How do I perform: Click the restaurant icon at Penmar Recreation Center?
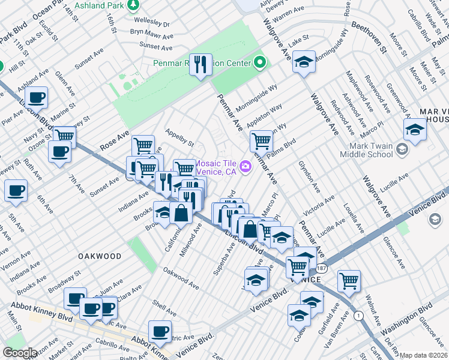[200, 64]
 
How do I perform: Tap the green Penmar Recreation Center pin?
[260, 62]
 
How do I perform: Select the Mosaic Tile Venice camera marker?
[245, 166]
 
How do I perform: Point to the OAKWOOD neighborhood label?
[100, 256]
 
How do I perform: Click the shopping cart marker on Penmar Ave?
[261, 142]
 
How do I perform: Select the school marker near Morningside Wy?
[304, 62]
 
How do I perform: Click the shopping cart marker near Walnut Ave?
[348, 280]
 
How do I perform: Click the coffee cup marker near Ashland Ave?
[35, 97]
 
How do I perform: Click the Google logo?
[20, 353]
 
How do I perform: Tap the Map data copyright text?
[424, 355]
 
